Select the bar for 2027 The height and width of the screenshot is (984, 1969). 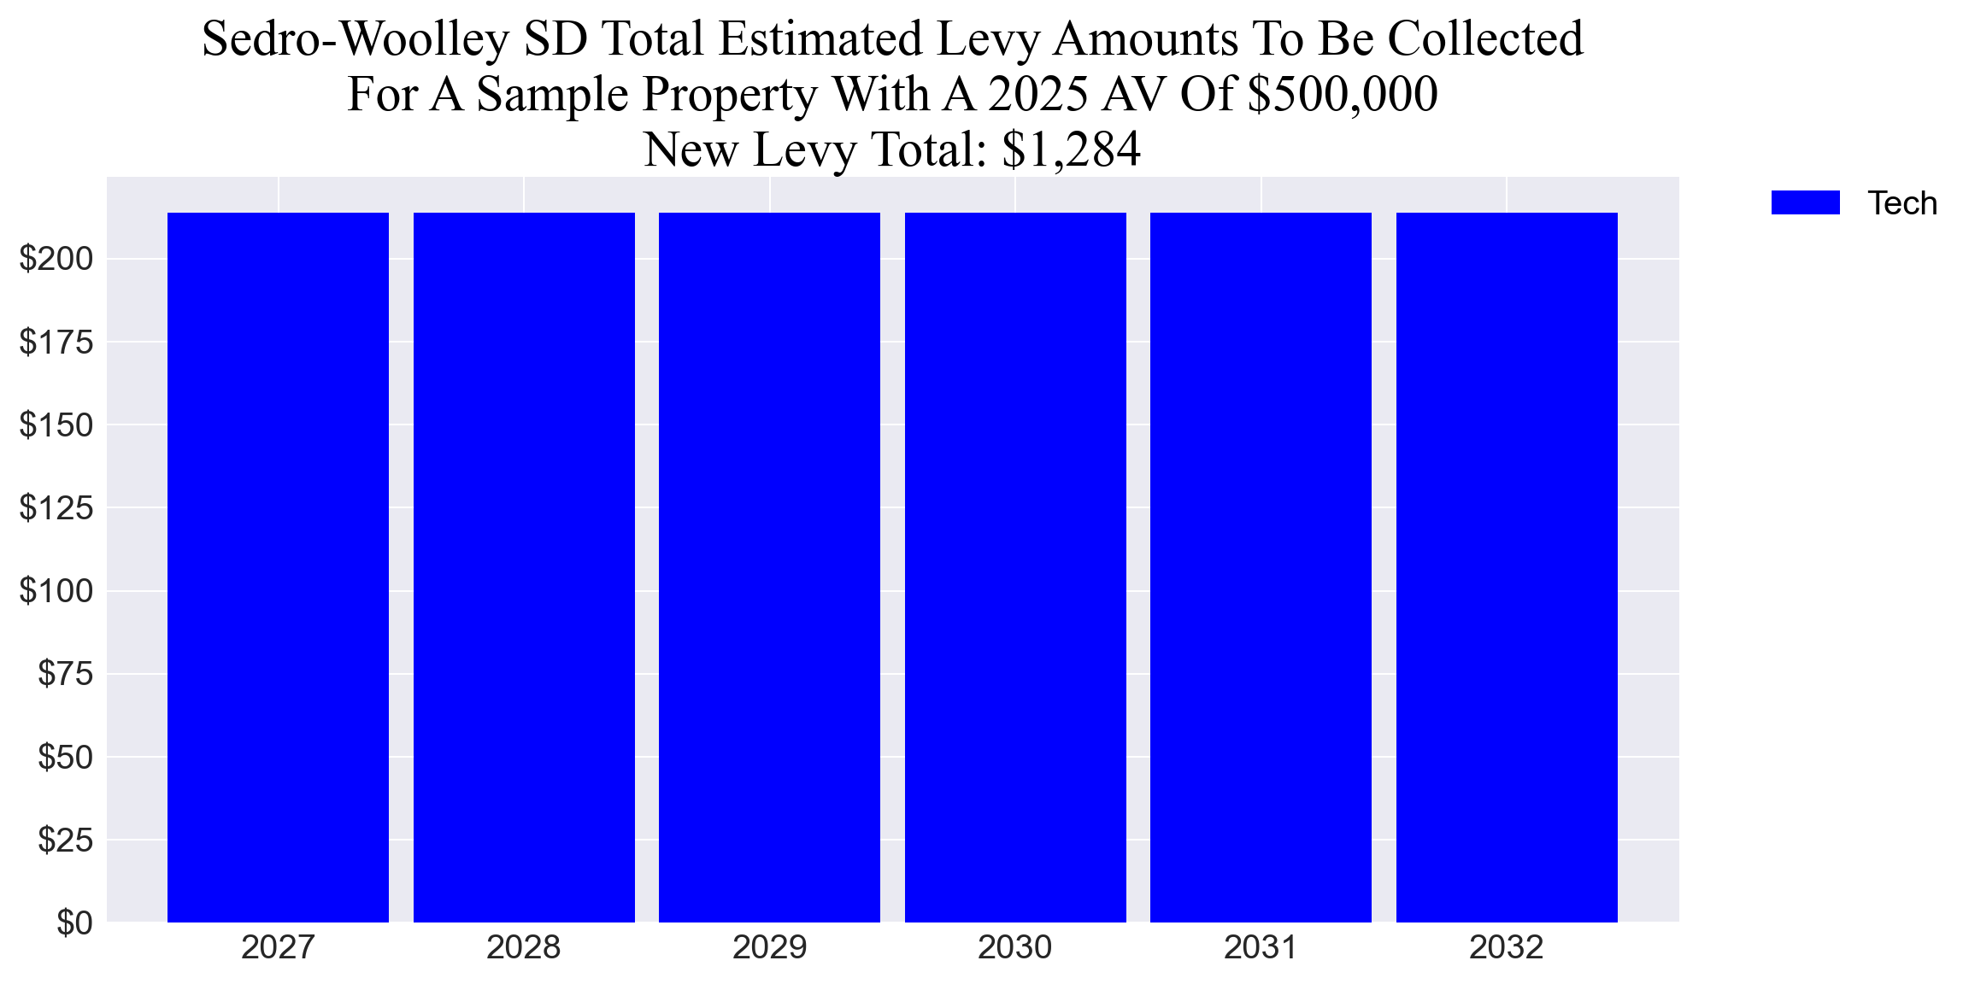click(278, 567)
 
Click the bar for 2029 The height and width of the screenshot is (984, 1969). click(769, 567)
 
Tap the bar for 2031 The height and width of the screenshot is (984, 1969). click(1261, 567)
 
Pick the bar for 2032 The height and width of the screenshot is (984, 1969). click(1507, 567)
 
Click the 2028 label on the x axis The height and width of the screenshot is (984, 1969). click(523, 948)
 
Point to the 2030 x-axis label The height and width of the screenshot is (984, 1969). click(1014, 948)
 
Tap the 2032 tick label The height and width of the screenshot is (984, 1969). click(1506, 948)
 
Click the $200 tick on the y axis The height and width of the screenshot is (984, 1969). click(56, 259)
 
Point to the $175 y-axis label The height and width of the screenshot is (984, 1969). click(56, 342)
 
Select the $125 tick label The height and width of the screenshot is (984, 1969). click(56, 508)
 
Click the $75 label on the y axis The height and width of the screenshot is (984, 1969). click(65, 674)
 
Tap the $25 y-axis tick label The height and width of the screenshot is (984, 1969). click(65, 840)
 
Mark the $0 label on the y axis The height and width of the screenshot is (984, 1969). click(74, 923)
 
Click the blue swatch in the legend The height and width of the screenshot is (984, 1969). click(1805, 203)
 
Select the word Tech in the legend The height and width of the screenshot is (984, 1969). click(1901, 203)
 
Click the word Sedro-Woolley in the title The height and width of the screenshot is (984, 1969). click(356, 39)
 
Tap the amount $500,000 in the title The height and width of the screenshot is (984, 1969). click(1343, 94)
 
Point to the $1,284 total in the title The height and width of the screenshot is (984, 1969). click(1071, 149)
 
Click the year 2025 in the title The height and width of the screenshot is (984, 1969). click(1038, 94)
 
